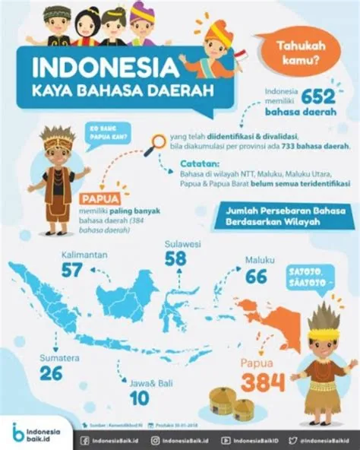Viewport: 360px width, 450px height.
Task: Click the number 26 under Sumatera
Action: pos(30,374)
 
